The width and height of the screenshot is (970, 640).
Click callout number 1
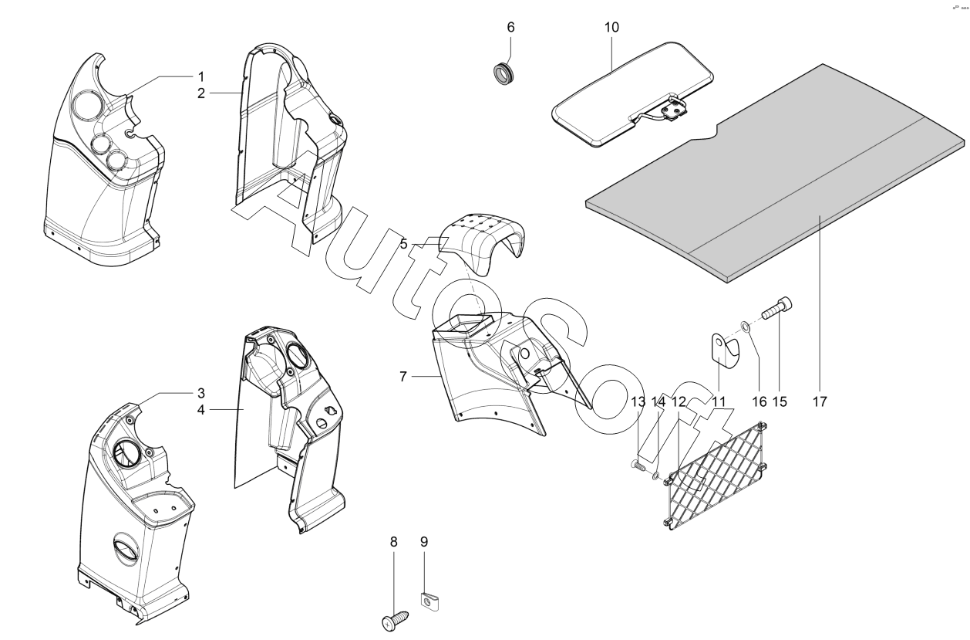(200, 76)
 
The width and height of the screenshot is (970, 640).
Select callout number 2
(200, 93)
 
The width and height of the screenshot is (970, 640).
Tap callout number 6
(510, 27)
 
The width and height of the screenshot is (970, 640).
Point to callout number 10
(611, 27)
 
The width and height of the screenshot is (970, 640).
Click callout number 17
(819, 401)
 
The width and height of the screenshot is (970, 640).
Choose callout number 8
(393, 542)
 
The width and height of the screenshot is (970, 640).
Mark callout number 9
(423, 542)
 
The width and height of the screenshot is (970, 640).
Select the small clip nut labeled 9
(429, 599)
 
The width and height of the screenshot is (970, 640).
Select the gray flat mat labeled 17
(771, 178)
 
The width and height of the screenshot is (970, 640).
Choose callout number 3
(200, 393)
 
